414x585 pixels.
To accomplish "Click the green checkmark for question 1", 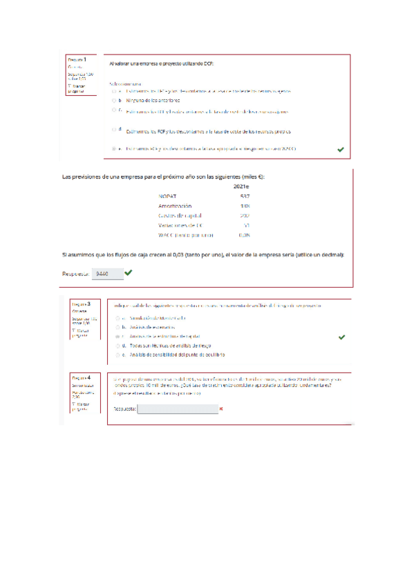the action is (x=340, y=148).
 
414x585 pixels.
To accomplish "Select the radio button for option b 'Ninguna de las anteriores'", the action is (x=114, y=100).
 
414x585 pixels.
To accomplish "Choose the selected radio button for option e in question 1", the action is (x=114, y=148).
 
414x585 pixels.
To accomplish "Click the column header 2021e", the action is (x=241, y=186).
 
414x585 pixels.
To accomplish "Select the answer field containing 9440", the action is (x=108, y=273).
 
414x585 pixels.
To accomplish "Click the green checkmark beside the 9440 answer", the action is (x=129, y=272).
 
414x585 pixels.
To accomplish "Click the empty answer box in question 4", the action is (x=177, y=408).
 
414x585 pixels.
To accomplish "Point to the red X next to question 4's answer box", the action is (x=220, y=408).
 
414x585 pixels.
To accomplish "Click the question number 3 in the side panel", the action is (x=89, y=304).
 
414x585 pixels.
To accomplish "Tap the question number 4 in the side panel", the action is (x=89, y=377).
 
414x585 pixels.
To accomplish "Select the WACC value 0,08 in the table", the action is (x=243, y=235).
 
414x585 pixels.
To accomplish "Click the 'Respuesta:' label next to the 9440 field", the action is (x=76, y=274).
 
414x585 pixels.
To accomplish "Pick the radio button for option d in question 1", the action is (x=114, y=129).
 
